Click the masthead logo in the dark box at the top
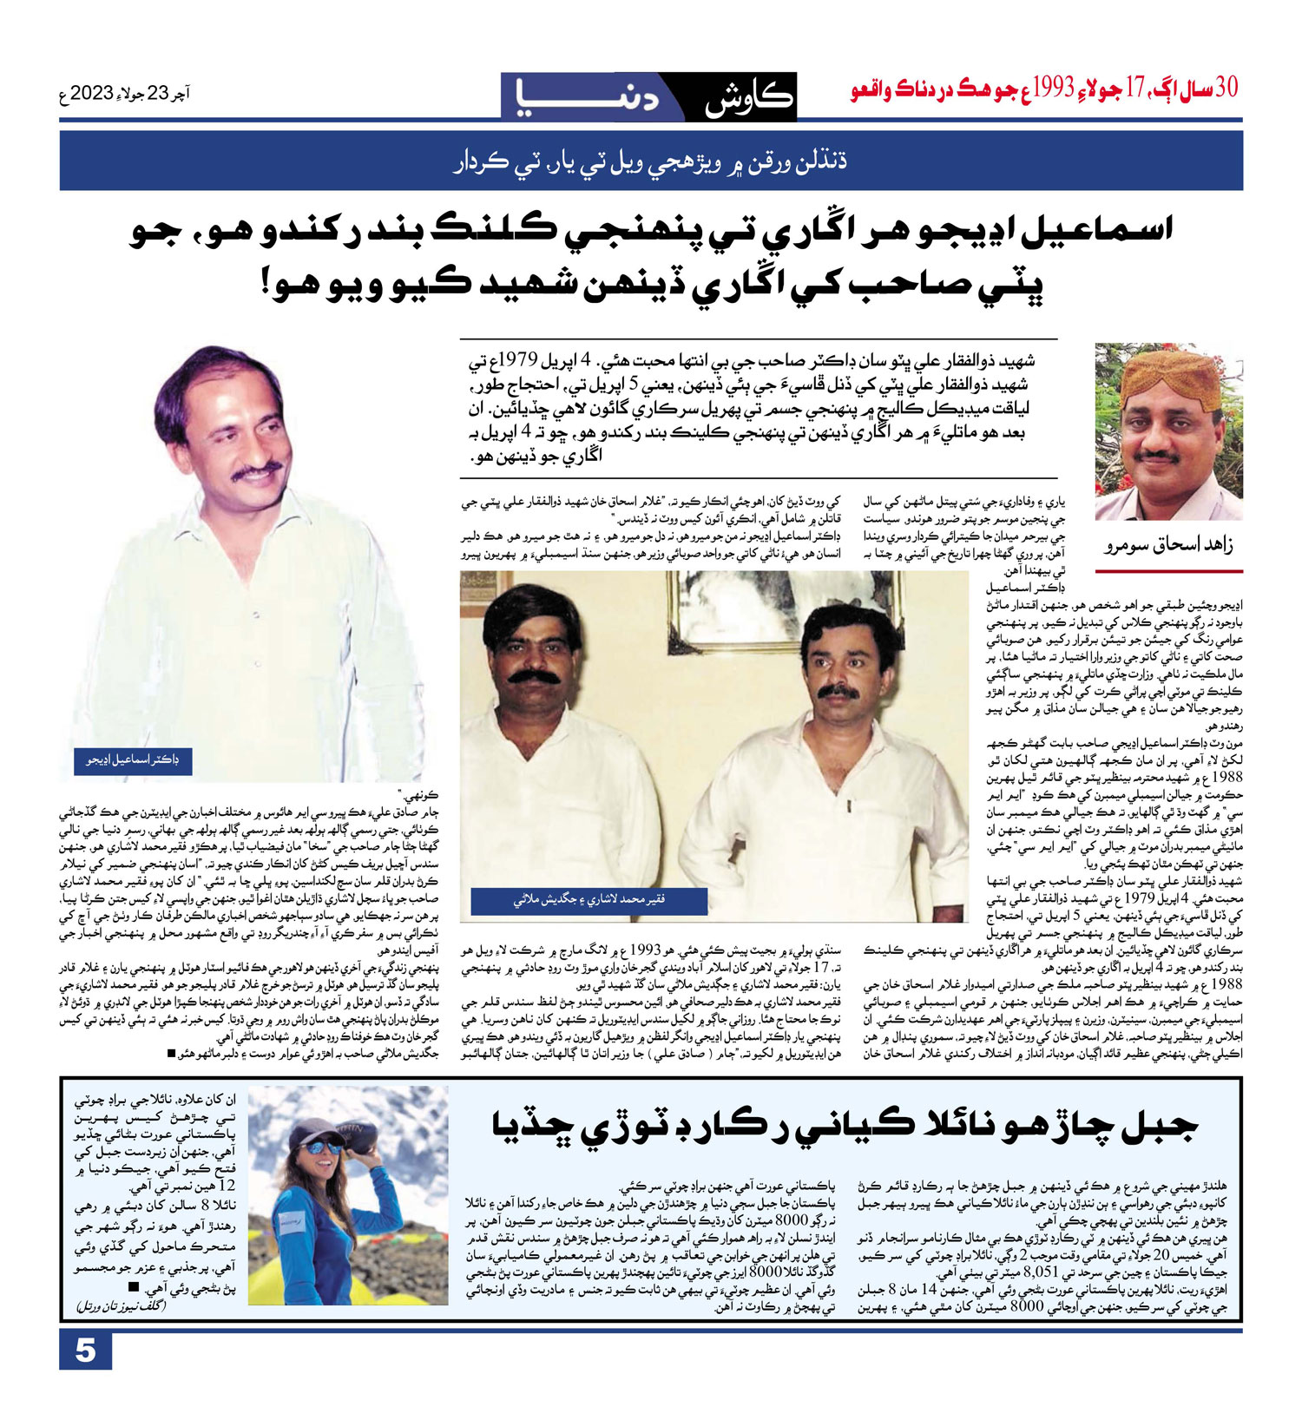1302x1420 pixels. pyautogui.click(x=648, y=95)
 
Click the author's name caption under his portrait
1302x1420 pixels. pyautogui.click(x=1168, y=546)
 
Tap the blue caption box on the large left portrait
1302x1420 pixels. pyautogui.click(x=132, y=760)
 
